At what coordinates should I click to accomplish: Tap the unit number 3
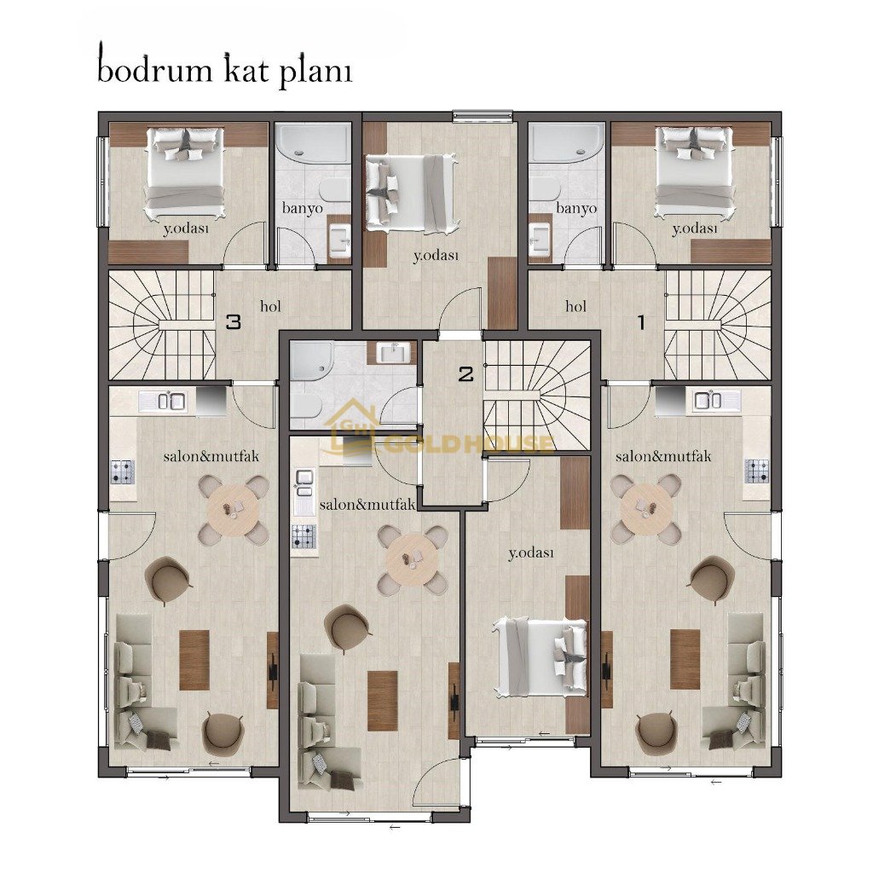(x=234, y=321)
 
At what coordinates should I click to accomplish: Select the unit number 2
(x=466, y=374)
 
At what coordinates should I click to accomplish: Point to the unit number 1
(x=641, y=322)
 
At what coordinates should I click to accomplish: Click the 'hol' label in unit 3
(x=270, y=306)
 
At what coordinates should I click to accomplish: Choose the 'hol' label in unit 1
(x=575, y=306)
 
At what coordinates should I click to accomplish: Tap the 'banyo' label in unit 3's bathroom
(x=303, y=208)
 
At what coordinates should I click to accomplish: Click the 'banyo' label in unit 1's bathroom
(x=576, y=208)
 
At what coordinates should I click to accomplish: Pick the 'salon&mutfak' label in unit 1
(x=663, y=457)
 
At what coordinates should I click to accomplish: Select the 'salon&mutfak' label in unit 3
(x=211, y=457)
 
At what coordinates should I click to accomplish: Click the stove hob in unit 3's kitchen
(x=123, y=471)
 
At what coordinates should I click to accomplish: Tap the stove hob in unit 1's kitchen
(x=757, y=471)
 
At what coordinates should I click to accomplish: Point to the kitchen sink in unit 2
(x=304, y=483)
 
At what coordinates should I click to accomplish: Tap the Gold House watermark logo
(x=441, y=434)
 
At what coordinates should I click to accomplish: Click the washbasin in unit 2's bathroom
(x=393, y=352)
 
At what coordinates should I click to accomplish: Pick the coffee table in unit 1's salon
(x=685, y=659)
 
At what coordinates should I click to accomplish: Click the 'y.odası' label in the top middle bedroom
(x=436, y=256)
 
